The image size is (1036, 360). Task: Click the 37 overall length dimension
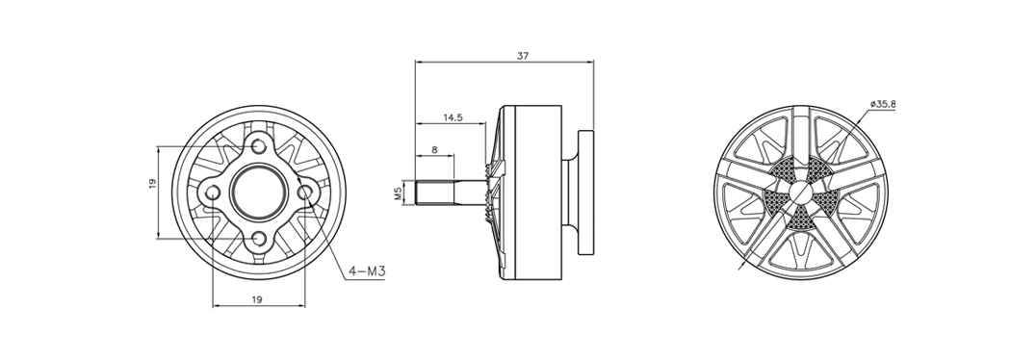pos(523,56)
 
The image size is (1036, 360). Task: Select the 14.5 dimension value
pos(453,117)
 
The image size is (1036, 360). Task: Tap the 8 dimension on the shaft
pos(434,150)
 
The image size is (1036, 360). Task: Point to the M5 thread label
pos(398,193)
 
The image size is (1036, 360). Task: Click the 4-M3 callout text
pos(367,270)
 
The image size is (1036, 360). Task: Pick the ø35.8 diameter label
pos(883,104)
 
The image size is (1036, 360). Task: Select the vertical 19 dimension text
pos(152,183)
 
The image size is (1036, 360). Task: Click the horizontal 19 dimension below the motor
pos(258,299)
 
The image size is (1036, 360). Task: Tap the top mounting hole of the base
pos(259,145)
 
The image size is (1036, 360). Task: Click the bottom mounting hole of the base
pos(259,239)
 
